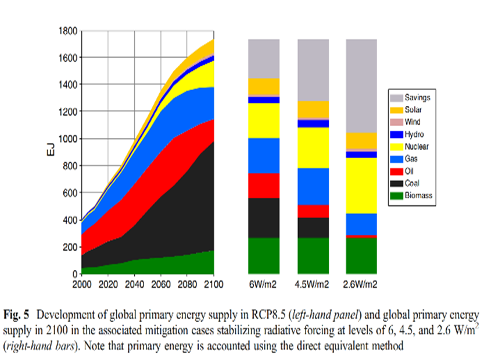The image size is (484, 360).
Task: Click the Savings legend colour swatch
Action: tap(396, 98)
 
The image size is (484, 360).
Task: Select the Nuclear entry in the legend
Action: tap(417, 147)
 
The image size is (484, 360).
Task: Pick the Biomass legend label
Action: tap(418, 195)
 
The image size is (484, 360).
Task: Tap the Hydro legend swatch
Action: tap(396, 134)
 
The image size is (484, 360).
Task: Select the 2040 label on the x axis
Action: tap(135, 284)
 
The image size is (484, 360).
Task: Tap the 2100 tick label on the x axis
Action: tap(214, 284)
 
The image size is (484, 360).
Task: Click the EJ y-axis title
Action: tap(52, 152)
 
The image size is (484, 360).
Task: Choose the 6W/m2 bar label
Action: tap(264, 284)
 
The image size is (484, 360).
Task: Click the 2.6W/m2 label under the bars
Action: tap(361, 284)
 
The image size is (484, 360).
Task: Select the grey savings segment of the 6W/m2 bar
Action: tap(264, 58)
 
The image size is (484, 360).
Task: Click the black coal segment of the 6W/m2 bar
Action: tap(264, 218)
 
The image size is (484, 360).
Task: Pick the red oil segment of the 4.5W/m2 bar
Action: tap(313, 211)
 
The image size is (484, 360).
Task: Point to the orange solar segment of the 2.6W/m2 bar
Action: tap(361, 141)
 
